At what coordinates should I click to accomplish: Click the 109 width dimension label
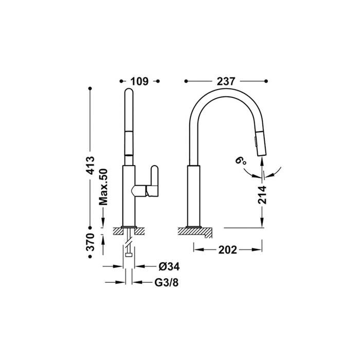pos(139,81)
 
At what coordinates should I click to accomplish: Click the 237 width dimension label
pos(226,81)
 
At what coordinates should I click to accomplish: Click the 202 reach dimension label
pos(227,250)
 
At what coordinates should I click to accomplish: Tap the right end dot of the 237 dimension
pos(266,81)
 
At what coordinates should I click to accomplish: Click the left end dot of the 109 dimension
pos(120,81)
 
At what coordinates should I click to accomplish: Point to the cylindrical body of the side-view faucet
pos(194,195)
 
